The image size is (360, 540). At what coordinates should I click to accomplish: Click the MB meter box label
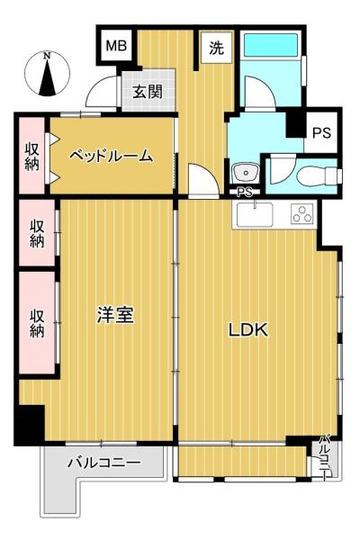116,46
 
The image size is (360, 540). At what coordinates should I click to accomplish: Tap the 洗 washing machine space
216,47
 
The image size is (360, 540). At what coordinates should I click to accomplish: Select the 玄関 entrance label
148,92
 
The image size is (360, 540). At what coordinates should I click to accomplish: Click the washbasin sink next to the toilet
245,172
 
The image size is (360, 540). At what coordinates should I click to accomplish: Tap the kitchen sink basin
255,214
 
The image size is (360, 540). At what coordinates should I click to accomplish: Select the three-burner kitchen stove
302,214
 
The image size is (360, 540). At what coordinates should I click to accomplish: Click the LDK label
248,330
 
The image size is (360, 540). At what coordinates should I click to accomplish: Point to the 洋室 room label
115,315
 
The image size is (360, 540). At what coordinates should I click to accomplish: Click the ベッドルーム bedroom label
111,157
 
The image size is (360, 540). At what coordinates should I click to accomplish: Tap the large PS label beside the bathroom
321,132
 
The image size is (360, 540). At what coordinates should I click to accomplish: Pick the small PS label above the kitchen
244,193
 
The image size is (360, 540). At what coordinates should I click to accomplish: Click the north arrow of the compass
47,77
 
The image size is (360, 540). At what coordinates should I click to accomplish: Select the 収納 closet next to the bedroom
31,156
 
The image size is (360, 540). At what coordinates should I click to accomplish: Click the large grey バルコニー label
104,463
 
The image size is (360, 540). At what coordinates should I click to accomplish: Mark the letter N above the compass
47,56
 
